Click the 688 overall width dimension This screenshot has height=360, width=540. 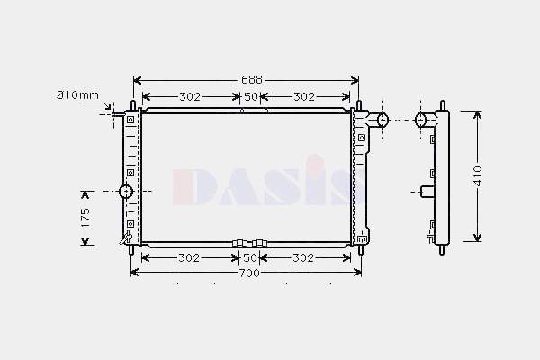[x=252, y=80]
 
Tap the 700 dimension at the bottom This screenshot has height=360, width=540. [x=249, y=274]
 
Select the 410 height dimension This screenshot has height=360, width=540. [x=478, y=176]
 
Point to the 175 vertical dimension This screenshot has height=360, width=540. [x=85, y=218]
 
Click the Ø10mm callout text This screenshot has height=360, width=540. [x=77, y=95]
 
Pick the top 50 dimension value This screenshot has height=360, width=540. [x=251, y=97]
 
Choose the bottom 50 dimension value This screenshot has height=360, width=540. [x=250, y=257]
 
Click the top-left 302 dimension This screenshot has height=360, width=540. [x=190, y=97]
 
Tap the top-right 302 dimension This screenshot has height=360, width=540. [x=304, y=97]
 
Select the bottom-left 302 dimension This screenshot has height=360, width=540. [x=189, y=257]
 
